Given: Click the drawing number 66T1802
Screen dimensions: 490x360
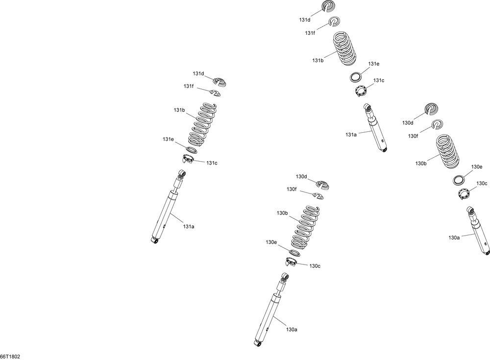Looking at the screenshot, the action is [10, 357].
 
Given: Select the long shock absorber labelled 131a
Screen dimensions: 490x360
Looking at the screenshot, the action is [168, 207].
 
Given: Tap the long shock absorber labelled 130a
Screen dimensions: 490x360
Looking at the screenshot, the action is [271, 310].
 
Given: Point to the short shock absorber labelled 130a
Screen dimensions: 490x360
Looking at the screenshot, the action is [478, 231].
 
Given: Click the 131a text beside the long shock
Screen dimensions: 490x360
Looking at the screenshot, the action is [189, 227].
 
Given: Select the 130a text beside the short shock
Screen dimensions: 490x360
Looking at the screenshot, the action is [454, 238].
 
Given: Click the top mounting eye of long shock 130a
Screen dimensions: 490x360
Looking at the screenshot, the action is [285, 276].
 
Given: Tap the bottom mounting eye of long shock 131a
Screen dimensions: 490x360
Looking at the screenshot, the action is [154, 240].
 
